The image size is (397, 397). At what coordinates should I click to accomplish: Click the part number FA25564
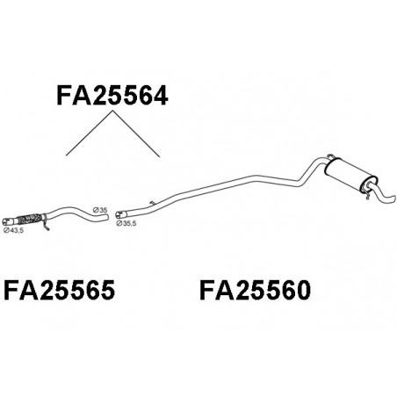[x=112, y=95]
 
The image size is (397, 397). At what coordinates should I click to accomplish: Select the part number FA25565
[x=59, y=290]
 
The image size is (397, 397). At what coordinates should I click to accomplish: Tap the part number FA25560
[x=255, y=290]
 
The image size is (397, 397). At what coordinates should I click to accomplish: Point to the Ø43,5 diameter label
[x=13, y=230]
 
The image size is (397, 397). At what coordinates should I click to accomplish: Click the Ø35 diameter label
[x=100, y=210]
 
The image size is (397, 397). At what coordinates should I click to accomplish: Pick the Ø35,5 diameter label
[x=126, y=223]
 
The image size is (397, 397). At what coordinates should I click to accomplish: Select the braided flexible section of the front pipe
[x=30, y=219]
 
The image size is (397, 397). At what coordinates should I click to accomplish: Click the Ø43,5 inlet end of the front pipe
[x=6, y=221]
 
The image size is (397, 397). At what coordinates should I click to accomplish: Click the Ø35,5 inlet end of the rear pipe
[x=119, y=215]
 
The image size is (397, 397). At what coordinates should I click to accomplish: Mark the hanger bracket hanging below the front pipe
[x=46, y=224]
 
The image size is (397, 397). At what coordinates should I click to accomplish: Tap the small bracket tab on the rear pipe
[x=152, y=203]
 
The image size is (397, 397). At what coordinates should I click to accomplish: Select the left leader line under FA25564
[x=90, y=133]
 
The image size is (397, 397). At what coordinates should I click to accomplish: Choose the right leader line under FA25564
[x=136, y=134]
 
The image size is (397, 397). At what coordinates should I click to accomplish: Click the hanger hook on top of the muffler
[x=330, y=156]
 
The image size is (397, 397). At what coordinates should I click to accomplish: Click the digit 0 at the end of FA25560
[x=302, y=290]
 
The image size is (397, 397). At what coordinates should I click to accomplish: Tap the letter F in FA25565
[x=11, y=290]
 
